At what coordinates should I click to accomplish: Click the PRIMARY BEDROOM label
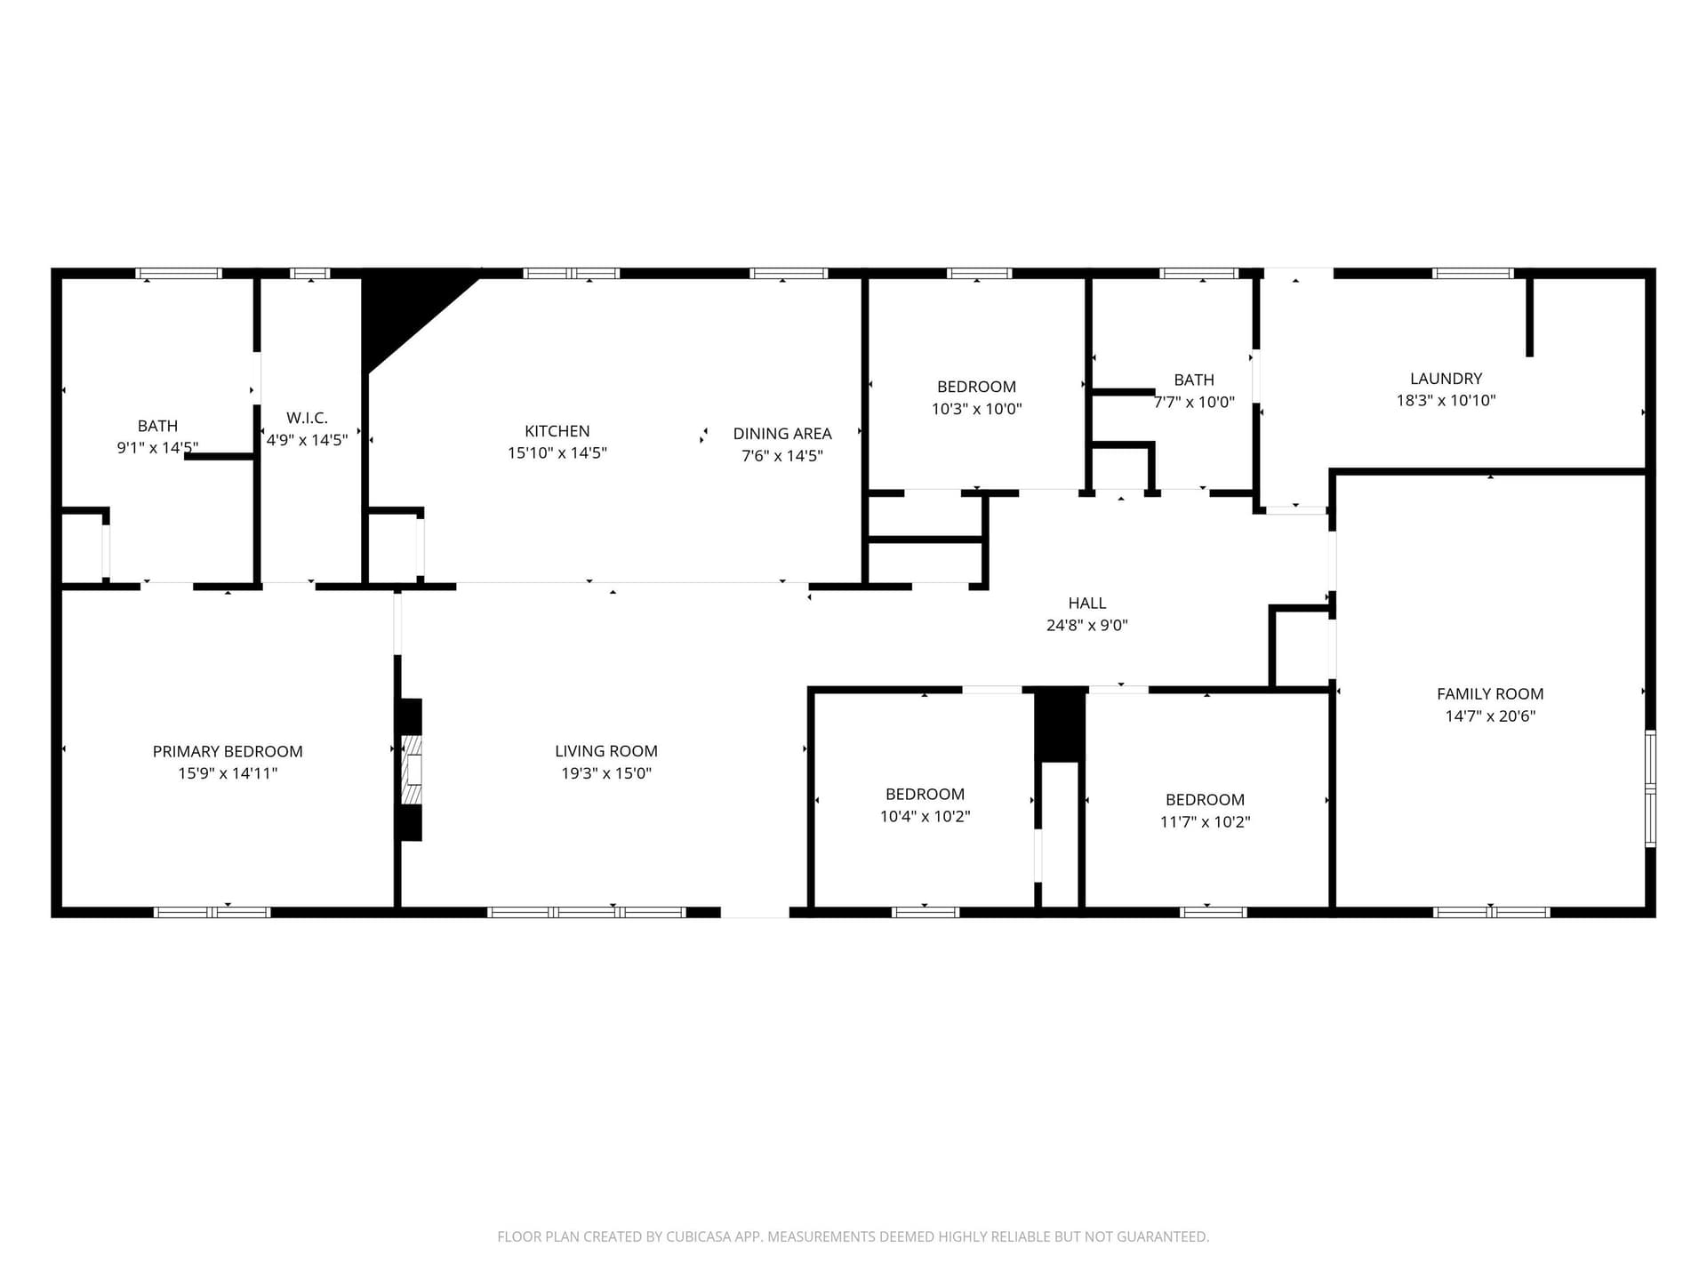(228, 751)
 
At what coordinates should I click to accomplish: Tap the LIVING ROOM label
(606, 751)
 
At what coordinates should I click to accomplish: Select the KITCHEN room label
(557, 431)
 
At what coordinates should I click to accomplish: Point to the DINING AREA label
(782, 434)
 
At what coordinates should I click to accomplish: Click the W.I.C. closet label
(308, 418)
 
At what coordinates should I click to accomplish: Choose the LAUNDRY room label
(1447, 379)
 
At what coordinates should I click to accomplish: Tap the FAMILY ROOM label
(1490, 694)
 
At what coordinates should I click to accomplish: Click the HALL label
(1087, 603)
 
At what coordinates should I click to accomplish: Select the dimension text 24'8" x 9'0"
(1087, 625)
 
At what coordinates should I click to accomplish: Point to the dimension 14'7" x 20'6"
(1490, 716)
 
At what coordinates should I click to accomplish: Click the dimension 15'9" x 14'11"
(228, 773)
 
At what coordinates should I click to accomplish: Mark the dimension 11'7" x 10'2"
(1206, 822)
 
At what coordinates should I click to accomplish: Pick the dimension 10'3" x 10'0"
(977, 409)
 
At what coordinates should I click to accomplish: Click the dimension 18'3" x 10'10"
(1447, 401)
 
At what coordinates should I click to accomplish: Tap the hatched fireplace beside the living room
(411, 770)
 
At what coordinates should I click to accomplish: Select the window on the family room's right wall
(1650, 788)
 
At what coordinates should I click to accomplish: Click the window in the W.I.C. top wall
(310, 274)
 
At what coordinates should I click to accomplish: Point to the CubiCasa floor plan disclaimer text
(853, 1236)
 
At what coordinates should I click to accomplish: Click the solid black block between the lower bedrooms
(1060, 724)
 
